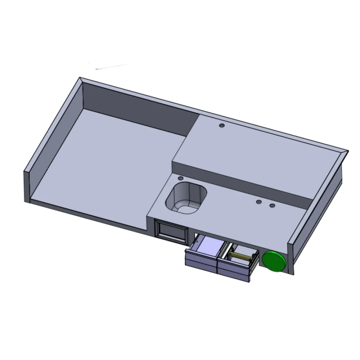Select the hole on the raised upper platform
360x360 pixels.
(222, 126)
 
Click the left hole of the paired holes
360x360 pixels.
(258, 202)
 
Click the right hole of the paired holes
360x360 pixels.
(272, 206)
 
